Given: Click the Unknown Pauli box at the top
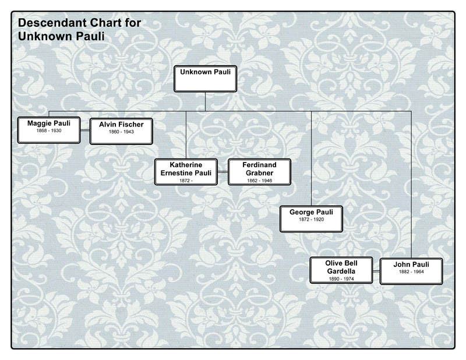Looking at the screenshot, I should pyautogui.click(x=206, y=79).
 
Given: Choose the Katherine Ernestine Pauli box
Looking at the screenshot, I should pyautogui.click(x=187, y=172).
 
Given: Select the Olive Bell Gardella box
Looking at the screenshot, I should pyautogui.click(x=341, y=270).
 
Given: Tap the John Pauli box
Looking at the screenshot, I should pyautogui.click(x=411, y=270).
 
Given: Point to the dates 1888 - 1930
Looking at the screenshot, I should pyautogui.click(x=48, y=131).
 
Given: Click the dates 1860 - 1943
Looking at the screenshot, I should pyautogui.click(x=121, y=132).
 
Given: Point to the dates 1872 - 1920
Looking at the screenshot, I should pyautogui.click(x=312, y=221).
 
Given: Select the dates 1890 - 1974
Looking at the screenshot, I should pyautogui.click(x=341, y=280).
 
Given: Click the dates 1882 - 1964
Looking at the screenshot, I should pyautogui.click(x=411, y=273).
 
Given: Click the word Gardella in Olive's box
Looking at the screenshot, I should pyautogui.click(x=341, y=272).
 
